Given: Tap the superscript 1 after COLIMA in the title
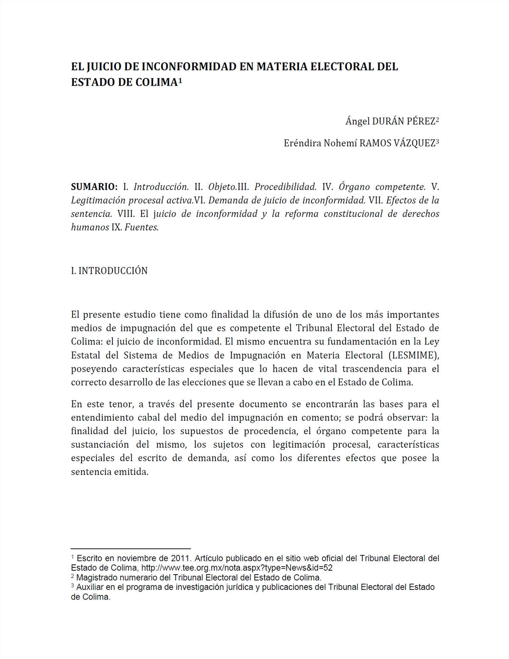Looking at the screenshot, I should pos(180,80).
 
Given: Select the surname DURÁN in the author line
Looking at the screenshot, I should pos(388,121).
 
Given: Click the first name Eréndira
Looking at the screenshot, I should pos(302,143).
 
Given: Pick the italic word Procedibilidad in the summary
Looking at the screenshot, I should pos(285,187).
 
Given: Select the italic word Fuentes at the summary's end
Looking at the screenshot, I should pos(141,227).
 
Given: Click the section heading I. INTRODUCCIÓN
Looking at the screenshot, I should pos(109,271).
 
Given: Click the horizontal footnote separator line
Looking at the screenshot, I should pos(131,549).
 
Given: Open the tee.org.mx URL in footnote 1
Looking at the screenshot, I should pos(237,568).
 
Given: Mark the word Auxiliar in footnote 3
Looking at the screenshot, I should pos(90,587).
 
